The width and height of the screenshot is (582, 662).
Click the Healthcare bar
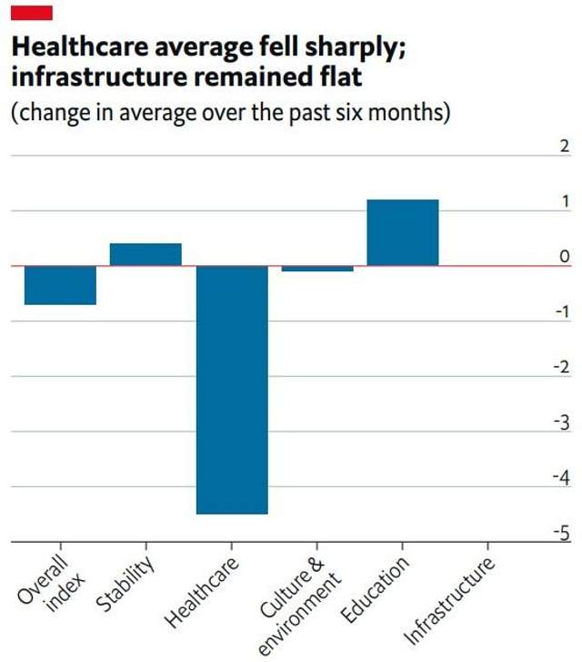point(233,390)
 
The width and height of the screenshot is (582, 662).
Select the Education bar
point(403,232)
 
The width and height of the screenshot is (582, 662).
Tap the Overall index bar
point(60,285)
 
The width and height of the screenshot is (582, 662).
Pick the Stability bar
point(145,254)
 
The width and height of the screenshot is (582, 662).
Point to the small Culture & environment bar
point(317,269)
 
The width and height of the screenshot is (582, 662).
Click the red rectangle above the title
point(30,13)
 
